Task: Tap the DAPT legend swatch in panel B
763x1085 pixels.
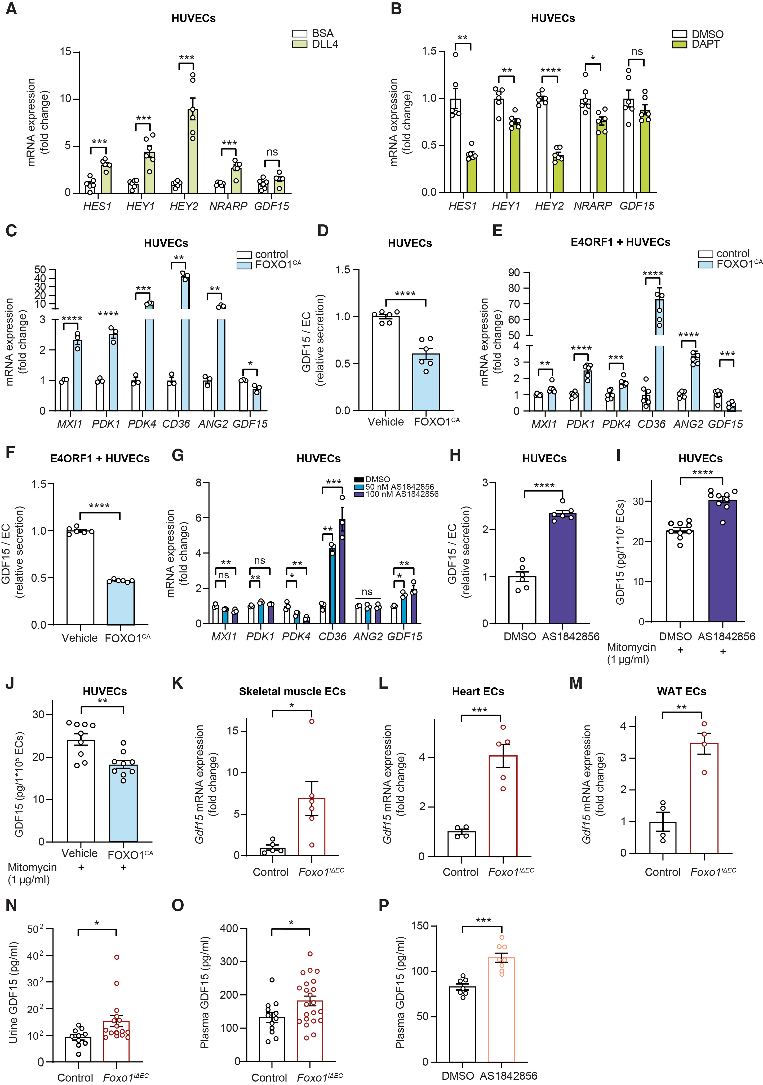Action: click(x=679, y=45)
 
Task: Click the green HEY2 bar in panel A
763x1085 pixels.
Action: click(x=192, y=151)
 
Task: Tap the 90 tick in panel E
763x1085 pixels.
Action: click(x=513, y=273)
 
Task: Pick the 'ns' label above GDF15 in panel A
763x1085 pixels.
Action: click(x=272, y=152)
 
